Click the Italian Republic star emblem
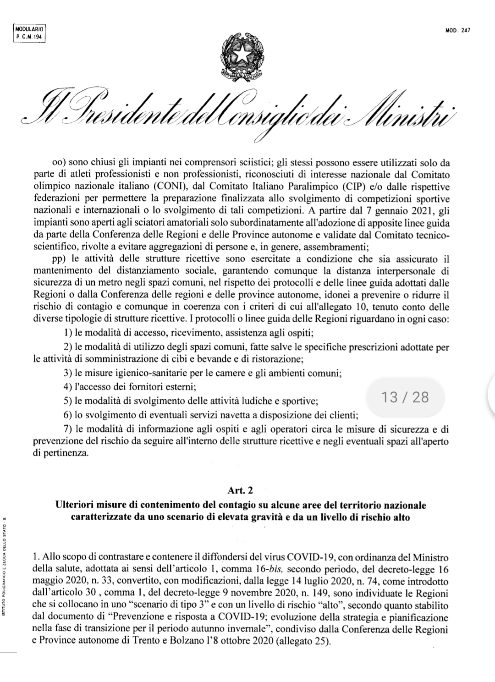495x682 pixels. (242, 56)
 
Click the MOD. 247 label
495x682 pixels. (459, 31)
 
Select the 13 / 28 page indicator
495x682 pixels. (405, 397)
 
